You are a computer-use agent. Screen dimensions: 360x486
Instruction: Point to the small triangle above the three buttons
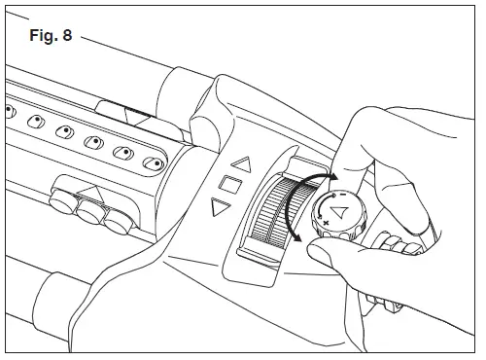point(92,189)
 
